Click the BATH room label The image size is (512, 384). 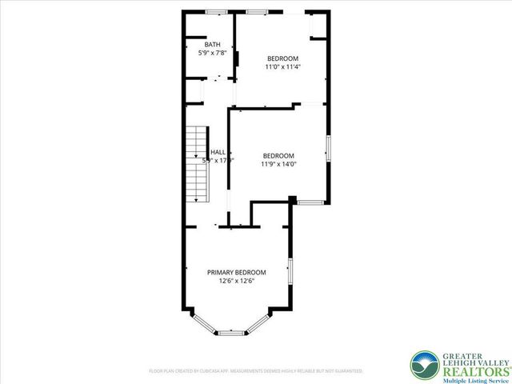pos(212,45)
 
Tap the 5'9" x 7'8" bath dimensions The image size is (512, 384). pos(213,54)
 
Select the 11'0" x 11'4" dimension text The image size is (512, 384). pos(282,67)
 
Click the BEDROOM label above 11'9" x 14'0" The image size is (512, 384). pos(278,155)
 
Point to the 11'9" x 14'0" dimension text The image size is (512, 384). pos(278,164)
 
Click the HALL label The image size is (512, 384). pos(218,151)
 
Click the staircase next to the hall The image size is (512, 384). pos(197,164)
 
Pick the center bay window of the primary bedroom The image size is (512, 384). pos(231,332)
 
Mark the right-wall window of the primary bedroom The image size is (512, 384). pos(290,271)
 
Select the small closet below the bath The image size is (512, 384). pos(194,91)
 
